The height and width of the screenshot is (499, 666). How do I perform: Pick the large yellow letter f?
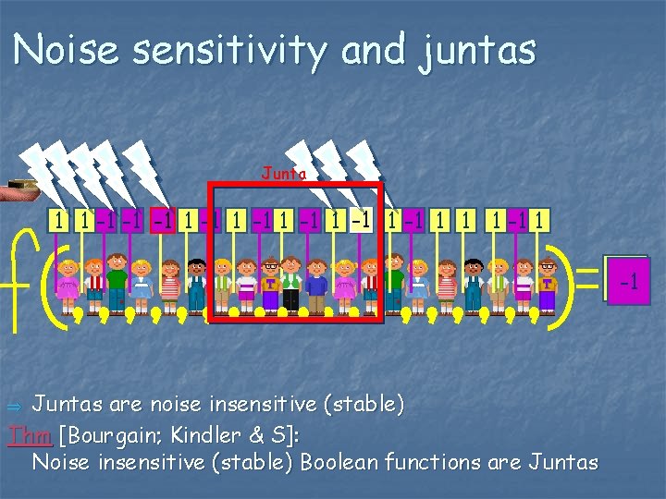pyautogui.click(x=20, y=277)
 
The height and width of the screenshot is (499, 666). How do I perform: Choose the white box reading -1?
pyautogui.click(x=366, y=221)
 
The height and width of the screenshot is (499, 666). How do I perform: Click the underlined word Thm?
pyautogui.click(x=24, y=433)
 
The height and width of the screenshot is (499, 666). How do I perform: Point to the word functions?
pyautogui.click(x=447, y=461)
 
